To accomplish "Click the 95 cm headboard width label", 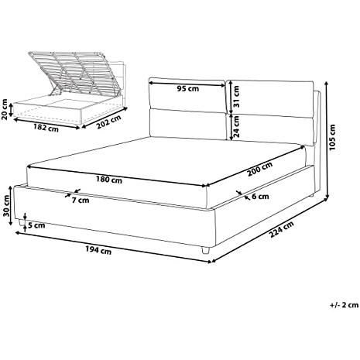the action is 188,89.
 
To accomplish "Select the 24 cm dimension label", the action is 236,126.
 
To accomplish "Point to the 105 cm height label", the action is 332,137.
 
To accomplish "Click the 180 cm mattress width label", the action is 109,180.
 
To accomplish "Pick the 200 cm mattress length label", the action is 260,169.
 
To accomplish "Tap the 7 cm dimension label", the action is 81,200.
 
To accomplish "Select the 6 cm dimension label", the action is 260,197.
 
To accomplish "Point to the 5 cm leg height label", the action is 36,225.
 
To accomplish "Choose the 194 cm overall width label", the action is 98,250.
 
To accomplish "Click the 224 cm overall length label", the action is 282,230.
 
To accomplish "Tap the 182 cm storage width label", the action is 46,128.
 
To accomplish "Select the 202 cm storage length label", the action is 108,122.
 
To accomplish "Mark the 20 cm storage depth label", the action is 5,110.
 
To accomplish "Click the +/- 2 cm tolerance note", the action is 345,305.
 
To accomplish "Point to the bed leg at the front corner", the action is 205,251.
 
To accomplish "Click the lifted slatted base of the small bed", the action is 75,72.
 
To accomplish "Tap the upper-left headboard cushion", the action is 187,95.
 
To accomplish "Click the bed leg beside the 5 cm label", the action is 20,223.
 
